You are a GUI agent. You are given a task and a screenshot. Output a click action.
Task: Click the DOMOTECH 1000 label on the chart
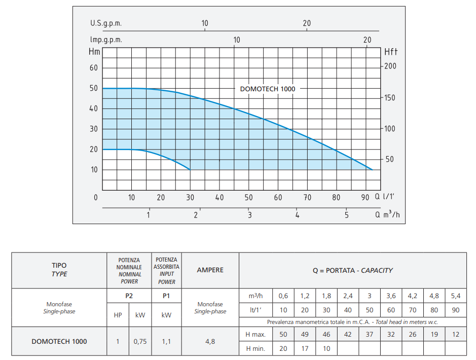point(267,89)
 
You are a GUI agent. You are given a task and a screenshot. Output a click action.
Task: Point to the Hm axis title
point(94,51)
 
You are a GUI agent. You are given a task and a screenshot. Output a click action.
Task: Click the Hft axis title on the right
point(391,51)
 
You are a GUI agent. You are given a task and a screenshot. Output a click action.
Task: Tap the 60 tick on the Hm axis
point(94,68)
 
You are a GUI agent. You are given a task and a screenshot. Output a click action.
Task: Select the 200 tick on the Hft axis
point(390,66)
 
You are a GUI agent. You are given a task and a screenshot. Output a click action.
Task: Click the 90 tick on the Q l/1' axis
point(365,197)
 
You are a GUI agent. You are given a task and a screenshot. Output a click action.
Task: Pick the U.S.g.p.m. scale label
point(106,23)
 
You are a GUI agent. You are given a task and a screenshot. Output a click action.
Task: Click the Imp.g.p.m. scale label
point(106,40)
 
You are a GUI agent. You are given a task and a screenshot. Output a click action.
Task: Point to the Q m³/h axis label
point(388,214)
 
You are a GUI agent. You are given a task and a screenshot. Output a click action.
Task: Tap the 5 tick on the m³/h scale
point(347,215)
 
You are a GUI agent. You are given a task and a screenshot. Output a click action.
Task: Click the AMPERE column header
point(210,270)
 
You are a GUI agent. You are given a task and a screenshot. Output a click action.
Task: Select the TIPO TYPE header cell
point(59,270)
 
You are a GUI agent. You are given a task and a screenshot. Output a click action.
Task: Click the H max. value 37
point(369,334)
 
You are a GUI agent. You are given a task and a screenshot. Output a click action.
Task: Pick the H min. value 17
point(305,348)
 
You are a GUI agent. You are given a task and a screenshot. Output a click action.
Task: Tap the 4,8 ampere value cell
point(210,341)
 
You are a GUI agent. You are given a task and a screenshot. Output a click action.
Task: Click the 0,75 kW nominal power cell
point(140,341)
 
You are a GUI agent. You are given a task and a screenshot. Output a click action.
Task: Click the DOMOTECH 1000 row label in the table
point(59,341)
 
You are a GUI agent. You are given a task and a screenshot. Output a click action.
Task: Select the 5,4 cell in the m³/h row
point(456,296)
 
